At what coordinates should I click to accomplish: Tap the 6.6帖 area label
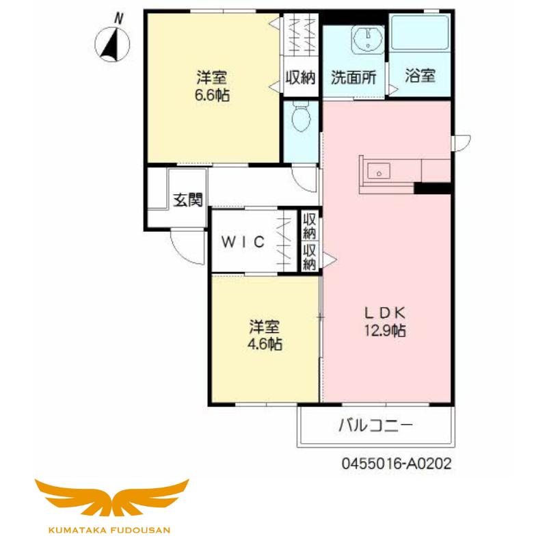point(212,95)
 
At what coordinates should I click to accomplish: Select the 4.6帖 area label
point(265,345)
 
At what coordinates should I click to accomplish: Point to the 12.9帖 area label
point(385,330)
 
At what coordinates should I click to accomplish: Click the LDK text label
point(385,313)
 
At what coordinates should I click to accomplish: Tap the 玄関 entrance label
point(187,200)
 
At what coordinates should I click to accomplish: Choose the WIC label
point(243,242)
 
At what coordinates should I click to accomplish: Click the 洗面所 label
point(353,77)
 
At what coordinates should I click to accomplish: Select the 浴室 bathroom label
point(420,75)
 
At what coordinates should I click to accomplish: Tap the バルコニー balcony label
point(376,425)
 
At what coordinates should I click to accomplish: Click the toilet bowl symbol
point(301,117)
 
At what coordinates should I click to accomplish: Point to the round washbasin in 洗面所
point(368,40)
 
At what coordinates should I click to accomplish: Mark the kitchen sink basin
point(379,172)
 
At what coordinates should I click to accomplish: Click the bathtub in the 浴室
point(420,33)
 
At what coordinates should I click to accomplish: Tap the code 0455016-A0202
point(397,464)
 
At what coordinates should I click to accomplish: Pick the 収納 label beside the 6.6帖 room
point(300,77)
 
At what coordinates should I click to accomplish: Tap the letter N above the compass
point(119,18)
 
